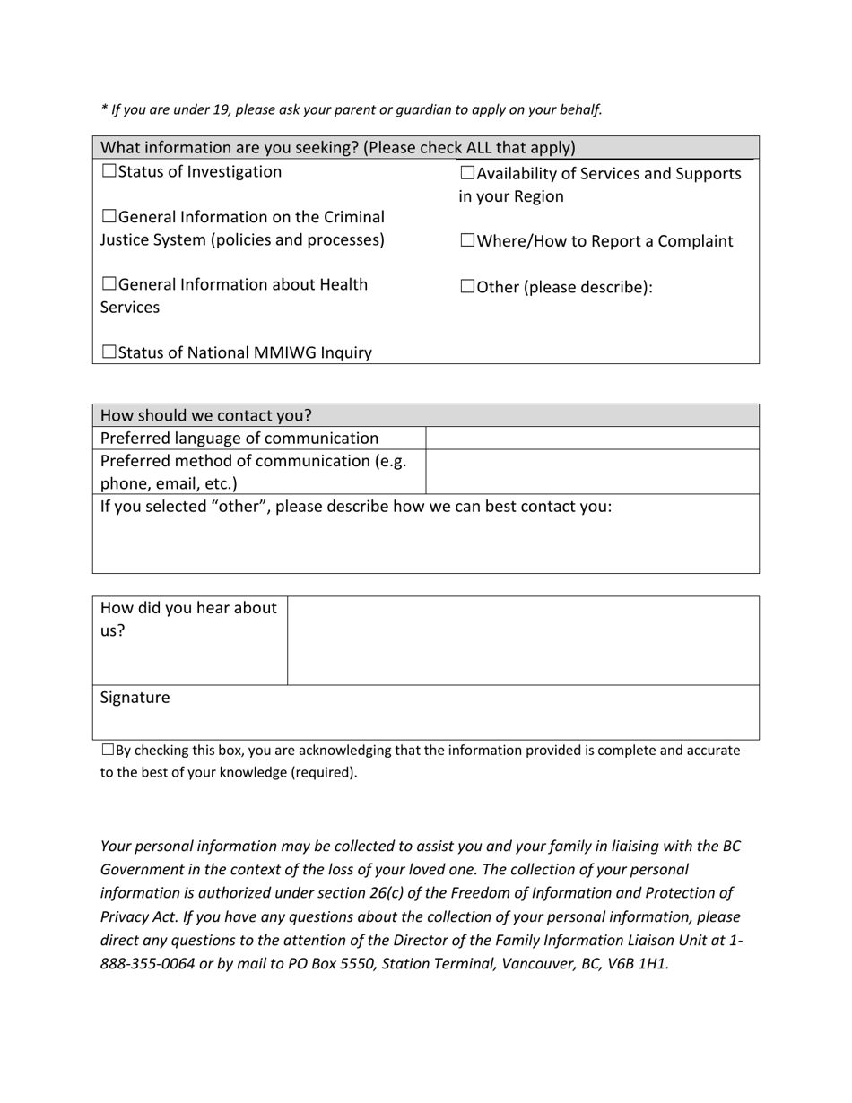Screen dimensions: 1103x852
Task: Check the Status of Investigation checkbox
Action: coord(109,171)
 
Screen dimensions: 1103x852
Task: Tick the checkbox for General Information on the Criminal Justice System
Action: coord(109,217)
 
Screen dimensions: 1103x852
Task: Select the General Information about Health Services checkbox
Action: coord(109,284)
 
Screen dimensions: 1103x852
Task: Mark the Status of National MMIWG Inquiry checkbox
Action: coord(109,352)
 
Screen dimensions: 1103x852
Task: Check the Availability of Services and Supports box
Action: coord(467,173)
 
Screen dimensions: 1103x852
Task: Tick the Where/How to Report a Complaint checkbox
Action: coord(467,241)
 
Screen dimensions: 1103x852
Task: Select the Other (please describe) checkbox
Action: coord(467,287)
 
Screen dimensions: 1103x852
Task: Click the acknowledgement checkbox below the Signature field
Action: coord(108,750)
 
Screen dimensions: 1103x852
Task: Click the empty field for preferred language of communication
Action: coord(592,439)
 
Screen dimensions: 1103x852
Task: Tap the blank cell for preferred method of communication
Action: coord(592,472)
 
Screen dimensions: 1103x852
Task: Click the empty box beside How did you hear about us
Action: coord(523,640)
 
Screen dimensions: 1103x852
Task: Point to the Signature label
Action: coord(135,698)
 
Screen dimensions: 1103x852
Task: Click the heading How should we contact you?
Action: coord(206,415)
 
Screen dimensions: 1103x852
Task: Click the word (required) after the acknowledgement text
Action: coord(324,772)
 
